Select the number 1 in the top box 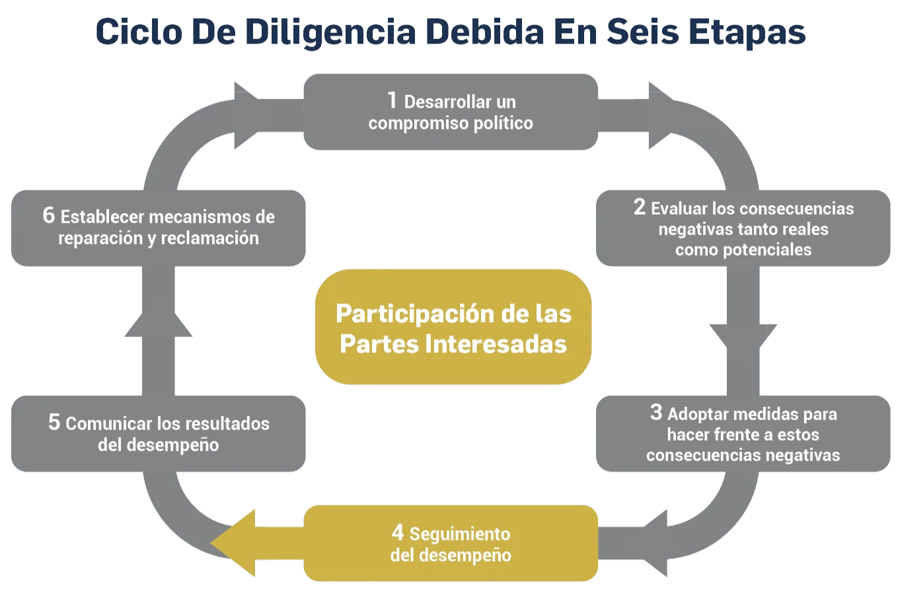392,100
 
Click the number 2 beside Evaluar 639,207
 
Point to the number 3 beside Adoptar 655,412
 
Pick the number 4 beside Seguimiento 397,532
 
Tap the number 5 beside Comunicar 54,422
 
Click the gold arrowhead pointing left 235,543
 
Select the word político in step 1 503,123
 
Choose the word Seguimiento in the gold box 459,534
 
